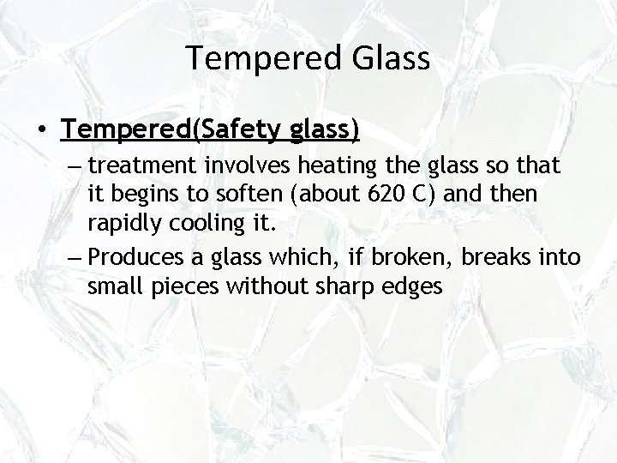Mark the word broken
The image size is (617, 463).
[x=386, y=257]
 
